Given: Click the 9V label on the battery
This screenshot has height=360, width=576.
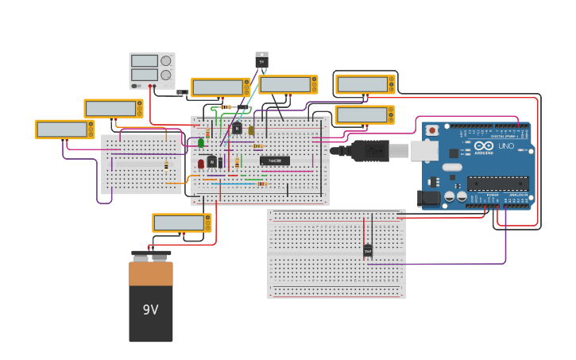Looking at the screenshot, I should click(x=150, y=309).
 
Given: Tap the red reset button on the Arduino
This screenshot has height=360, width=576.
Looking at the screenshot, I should click(x=431, y=130).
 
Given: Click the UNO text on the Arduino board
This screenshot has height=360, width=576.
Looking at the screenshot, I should click(x=505, y=146).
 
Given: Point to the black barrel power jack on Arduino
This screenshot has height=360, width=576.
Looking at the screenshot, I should click(x=430, y=198).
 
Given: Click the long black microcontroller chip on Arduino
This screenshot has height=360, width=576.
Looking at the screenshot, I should click(x=497, y=184).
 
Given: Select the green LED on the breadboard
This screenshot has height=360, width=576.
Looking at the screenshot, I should click(x=201, y=143).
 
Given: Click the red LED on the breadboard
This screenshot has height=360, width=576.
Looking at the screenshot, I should click(x=201, y=163).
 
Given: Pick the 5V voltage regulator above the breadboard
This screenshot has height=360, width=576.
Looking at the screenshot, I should click(x=261, y=60).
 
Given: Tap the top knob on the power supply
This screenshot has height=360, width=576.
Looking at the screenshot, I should click(x=165, y=60).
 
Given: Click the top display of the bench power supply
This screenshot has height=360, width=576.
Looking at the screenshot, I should click(x=145, y=60).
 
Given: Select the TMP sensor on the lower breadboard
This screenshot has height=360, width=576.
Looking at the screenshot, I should click(x=368, y=250).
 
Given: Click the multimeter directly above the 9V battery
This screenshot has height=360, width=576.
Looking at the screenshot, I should click(x=182, y=223).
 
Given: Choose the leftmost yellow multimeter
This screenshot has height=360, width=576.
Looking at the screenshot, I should click(x=64, y=129).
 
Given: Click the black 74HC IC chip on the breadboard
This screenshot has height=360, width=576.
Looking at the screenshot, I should click(x=275, y=161).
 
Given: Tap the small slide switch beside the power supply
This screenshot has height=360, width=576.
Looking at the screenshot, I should click(x=183, y=93).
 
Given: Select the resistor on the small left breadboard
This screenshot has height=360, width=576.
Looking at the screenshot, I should click(x=166, y=165).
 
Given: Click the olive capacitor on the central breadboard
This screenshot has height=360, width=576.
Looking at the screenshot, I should click(x=251, y=130).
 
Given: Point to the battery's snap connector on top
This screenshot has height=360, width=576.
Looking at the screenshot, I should click(x=151, y=256).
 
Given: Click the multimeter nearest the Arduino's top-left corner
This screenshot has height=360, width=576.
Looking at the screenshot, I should click(x=364, y=114).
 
